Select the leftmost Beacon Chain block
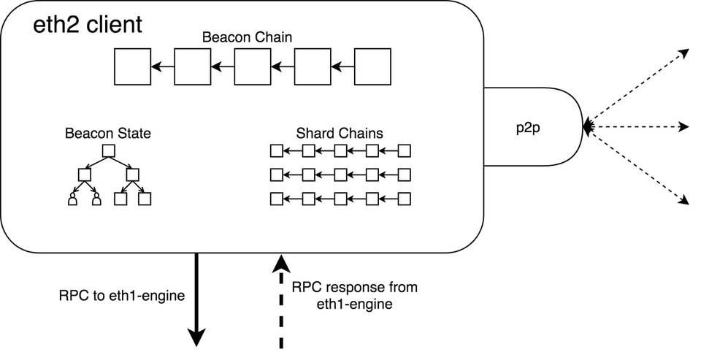(133, 66)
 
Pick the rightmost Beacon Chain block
(371, 66)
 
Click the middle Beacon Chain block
(252, 66)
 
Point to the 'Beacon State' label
(108, 134)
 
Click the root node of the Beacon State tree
(108, 151)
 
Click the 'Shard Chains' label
(340, 134)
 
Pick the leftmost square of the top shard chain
(276, 151)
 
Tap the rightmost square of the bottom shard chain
(404, 198)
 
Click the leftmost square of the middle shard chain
(276, 175)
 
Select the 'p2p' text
(530, 126)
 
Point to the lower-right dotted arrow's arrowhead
(685, 202)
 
